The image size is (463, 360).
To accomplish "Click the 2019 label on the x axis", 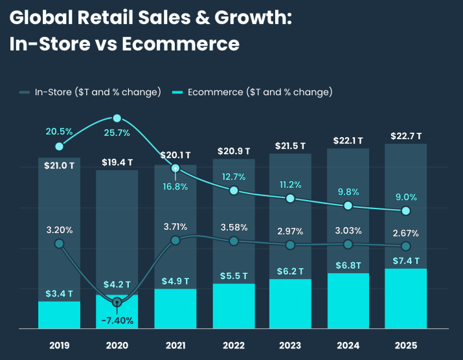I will [x=59, y=345].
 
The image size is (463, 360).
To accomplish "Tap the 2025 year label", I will [x=405, y=345].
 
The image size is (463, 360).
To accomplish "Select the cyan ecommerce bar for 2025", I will [x=405, y=298].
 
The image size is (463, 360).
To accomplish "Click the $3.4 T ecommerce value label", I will [x=59, y=295].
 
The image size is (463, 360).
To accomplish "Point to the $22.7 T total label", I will [x=406, y=136].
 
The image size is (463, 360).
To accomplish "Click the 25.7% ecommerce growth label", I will [x=117, y=133].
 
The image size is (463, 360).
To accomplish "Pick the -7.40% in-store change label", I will [x=117, y=320].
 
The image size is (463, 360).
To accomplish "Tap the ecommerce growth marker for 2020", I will [x=117, y=118].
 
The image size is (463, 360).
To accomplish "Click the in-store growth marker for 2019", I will [x=60, y=243].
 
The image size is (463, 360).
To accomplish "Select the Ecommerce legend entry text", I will [x=260, y=92].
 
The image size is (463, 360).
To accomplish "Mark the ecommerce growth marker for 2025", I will [x=406, y=211].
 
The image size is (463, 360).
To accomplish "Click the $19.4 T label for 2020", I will [x=117, y=162].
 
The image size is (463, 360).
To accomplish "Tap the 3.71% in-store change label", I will [x=175, y=227].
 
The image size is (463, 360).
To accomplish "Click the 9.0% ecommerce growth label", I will [x=406, y=197].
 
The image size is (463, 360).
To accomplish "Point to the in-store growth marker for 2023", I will [x=290, y=245].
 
